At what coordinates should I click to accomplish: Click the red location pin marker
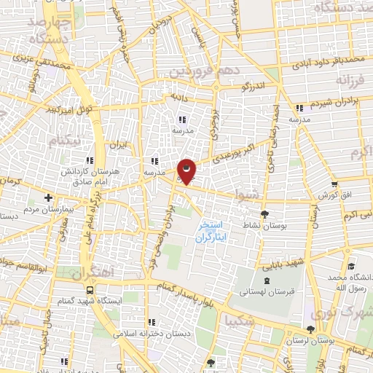tap(186, 172)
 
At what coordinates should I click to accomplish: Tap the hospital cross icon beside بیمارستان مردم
tap(48, 197)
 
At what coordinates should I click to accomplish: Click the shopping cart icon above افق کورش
tap(334, 185)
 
